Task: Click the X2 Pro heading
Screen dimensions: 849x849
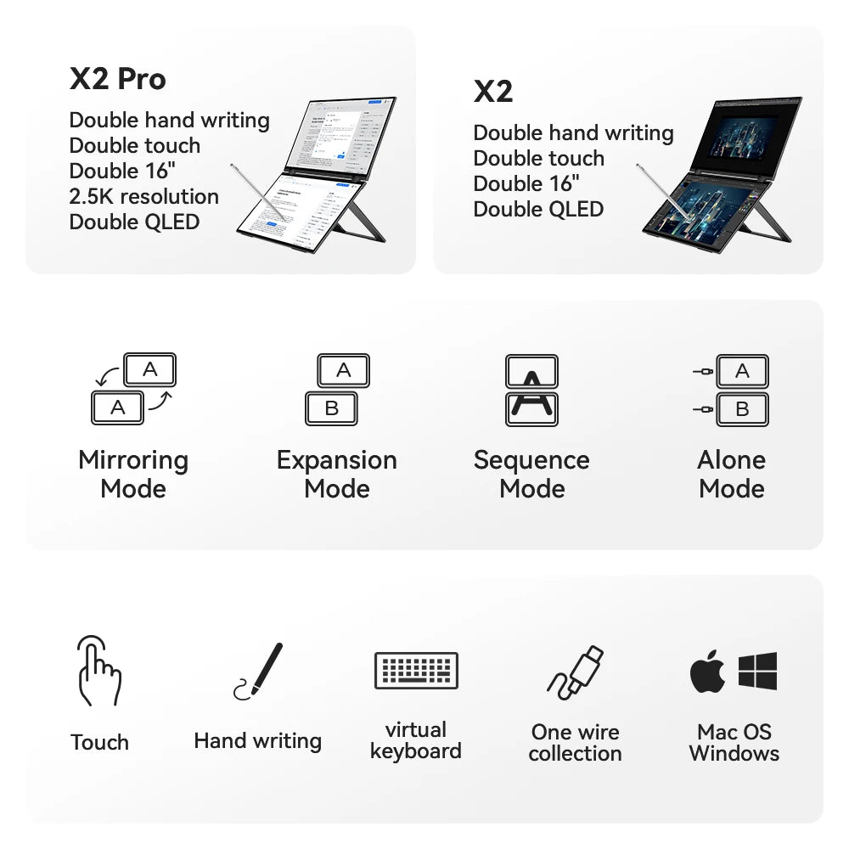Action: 117,79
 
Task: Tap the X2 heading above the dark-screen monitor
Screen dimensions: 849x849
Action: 493,92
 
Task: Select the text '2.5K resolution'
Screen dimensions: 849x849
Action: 143,197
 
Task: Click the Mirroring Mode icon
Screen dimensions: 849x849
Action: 133,389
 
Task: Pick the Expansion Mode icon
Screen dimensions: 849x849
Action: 337,389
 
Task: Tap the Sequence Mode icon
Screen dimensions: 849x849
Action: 531,389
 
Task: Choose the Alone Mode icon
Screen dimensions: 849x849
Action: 732,389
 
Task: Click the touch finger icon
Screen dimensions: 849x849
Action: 98,671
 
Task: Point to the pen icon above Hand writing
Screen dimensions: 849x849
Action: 258,671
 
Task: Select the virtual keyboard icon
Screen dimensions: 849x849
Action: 416,670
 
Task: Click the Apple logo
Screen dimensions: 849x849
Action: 707,672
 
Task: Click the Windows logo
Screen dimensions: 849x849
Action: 757,671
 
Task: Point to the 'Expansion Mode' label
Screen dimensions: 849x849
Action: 337,474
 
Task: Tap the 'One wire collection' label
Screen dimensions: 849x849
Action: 576,742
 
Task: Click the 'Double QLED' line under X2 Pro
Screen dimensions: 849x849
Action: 134,222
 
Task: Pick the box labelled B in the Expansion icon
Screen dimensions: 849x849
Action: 331,408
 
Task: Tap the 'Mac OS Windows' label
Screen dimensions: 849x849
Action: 734,742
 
